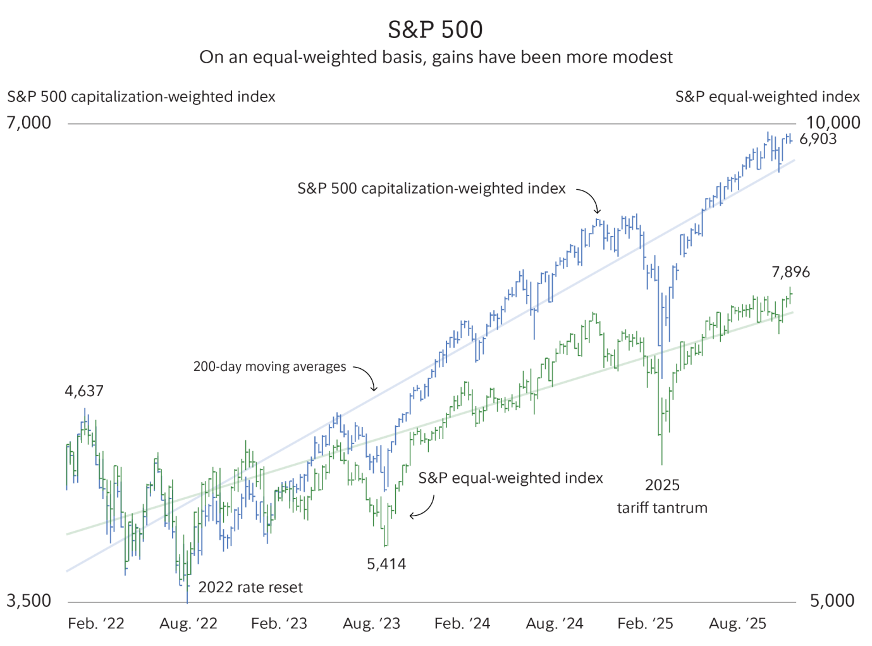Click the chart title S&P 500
pyautogui.click(x=435, y=30)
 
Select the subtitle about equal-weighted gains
pyautogui.click(x=436, y=58)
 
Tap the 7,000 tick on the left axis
pyautogui.click(x=29, y=123)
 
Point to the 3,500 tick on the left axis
pyautogui.click(x=29, y=600)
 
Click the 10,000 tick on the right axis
pyautogui.click(x=833, y=123)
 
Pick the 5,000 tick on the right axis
pyautogui.click(x=832, y=600)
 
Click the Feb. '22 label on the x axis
pyautogui.click(x=96, y=624)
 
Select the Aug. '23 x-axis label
pyautogui.click(x=371, y=624)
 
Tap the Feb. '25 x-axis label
pyautogui.click(x=645, y=624)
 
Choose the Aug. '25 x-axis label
pyautogui.click(x=737, y=624)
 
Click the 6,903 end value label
pyautogui.click(x=818, y=139)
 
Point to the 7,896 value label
pyautogui.click(x=790, y=272)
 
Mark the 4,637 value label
pyautogui.click(x=84, y=391)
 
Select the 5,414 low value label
pyautogui.click(x=386, y=564)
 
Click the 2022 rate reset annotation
pyautogui.click(x=250, y=588)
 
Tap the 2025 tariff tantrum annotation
pyautogui.click(x=662, y=497)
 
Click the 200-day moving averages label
pyautogui.click(x=270, y=367)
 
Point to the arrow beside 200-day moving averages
pyautogui.click(x=367, y=378)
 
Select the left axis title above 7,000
pyautogui.click(x=142, y=97)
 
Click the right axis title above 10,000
pyautogui.click(x=767, y=97)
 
